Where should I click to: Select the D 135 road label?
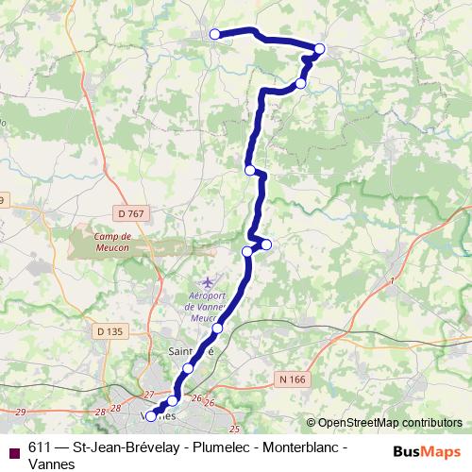click(110, 331)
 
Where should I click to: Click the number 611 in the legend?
click(40, 447)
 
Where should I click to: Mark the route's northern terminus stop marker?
click(214, 34)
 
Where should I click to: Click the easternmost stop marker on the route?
click(320, 48)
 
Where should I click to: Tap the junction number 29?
click(22, 413)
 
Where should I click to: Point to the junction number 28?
click(101, 412)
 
